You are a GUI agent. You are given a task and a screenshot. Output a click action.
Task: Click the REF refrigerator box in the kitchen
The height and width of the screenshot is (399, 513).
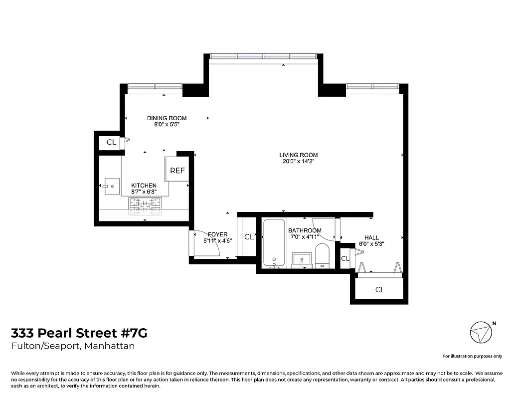177,170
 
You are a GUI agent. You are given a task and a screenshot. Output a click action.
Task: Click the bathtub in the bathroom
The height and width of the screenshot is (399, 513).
274,242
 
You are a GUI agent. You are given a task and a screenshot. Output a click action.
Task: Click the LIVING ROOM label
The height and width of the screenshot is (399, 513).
298,155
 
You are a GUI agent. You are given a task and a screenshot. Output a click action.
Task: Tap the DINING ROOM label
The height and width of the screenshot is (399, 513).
167,118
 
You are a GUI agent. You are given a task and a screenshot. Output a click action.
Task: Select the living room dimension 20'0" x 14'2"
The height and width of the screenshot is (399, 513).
298,162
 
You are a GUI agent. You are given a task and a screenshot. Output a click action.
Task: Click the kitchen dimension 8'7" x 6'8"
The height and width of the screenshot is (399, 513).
144,192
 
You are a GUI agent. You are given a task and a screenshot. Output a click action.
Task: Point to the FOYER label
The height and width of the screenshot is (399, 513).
217,234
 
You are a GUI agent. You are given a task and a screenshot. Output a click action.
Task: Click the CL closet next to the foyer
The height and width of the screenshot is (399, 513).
249,237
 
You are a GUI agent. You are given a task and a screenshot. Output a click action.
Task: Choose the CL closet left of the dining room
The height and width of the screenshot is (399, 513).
111,142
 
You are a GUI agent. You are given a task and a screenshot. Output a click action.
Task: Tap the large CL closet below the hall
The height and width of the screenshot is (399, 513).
380,289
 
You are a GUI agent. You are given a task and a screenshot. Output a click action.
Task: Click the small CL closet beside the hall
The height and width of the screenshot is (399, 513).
345,258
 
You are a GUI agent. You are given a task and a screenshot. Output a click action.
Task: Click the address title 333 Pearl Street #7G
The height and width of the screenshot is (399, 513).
79,333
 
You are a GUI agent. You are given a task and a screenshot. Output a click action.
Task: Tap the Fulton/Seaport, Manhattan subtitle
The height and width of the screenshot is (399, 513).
73,346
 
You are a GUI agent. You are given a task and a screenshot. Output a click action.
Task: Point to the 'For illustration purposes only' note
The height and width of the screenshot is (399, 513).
472,356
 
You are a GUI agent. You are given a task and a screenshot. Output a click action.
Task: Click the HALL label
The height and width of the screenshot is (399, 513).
371,237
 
